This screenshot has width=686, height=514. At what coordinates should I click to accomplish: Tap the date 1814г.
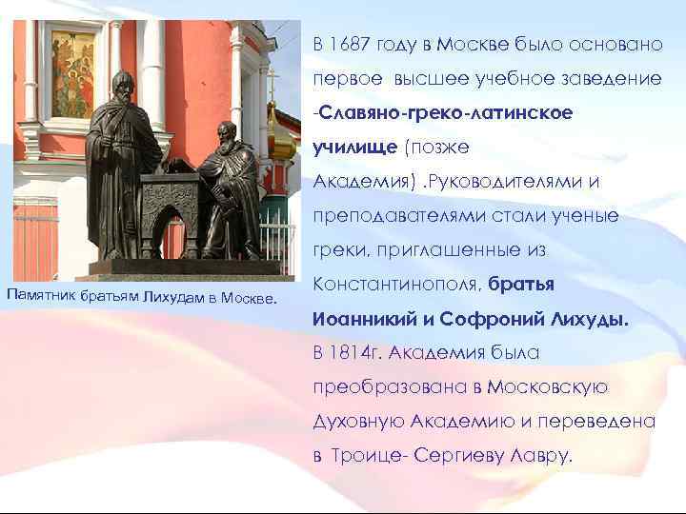click(356, 353)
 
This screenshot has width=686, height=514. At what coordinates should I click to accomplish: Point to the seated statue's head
click(226, 133)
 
